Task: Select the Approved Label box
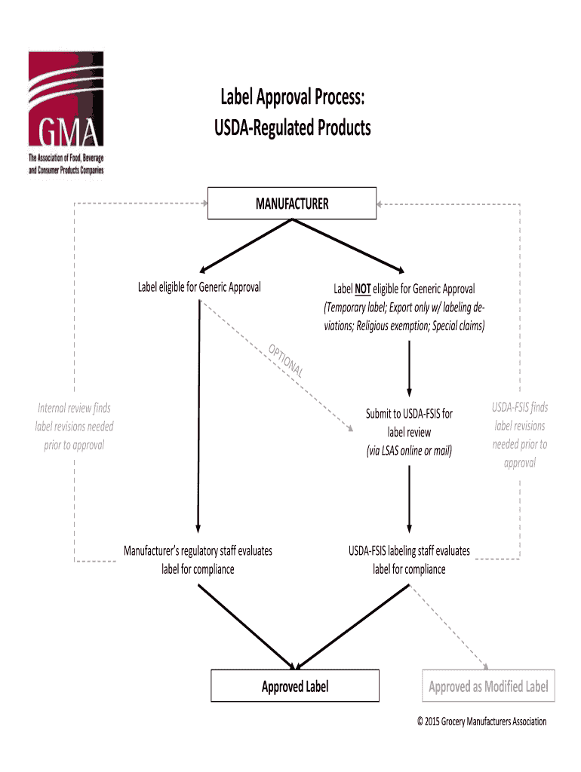tap(295, 686)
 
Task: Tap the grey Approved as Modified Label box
tap(488, 686)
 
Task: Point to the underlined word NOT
tap(362, 289)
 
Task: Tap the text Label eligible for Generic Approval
tap(199, 287)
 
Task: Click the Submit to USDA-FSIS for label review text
tap(409, 423)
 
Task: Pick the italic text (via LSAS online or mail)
tap(409, 451)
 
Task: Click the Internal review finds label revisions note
tap(74, 427)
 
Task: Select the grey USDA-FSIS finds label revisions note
tap(520, 435)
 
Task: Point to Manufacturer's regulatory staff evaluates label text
tap(198, 559)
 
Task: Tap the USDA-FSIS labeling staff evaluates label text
tap(409, 559)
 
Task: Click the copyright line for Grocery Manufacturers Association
tap(481, 721)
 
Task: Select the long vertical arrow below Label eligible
tap(198, 415)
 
